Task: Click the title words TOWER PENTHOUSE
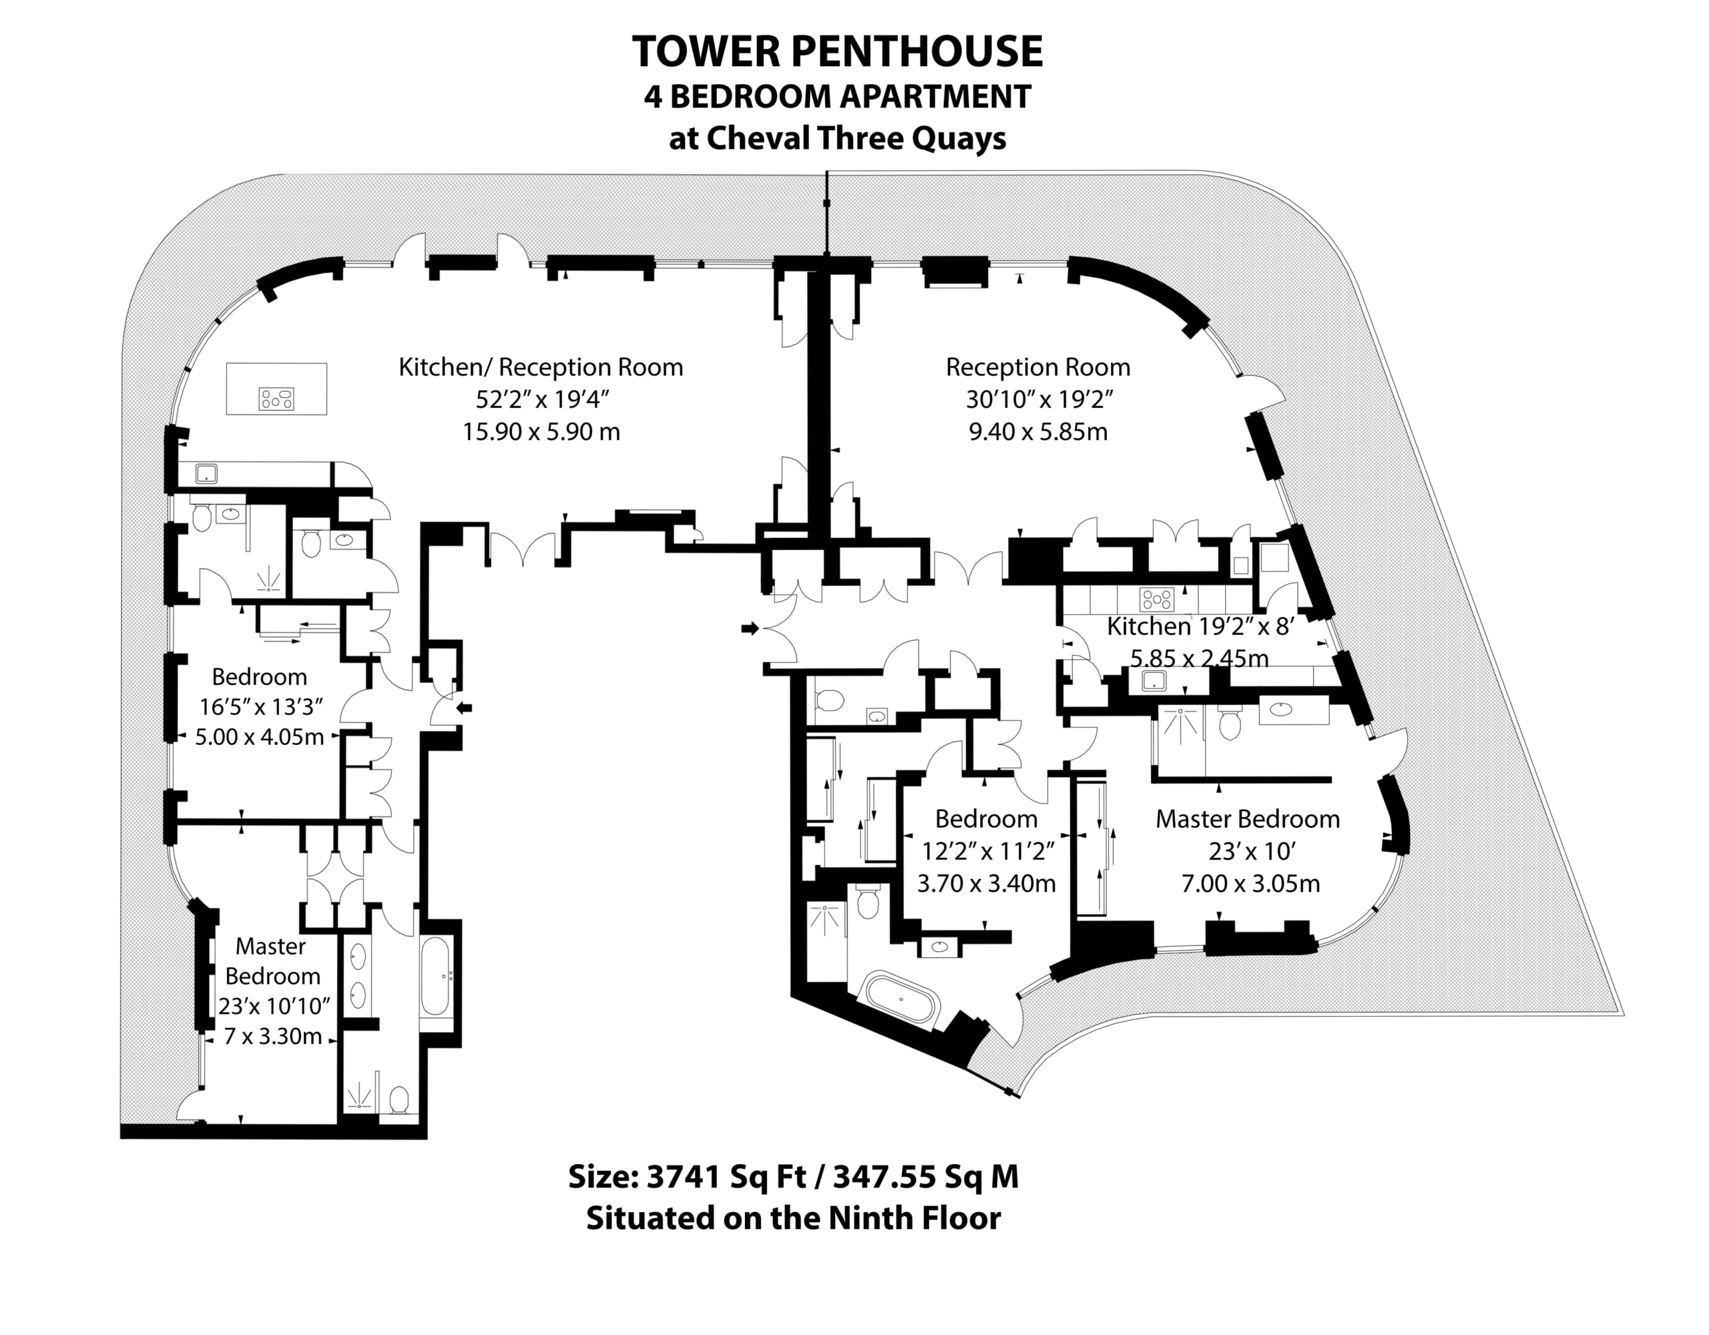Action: [836, 51]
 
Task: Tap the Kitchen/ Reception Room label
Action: [541, 367]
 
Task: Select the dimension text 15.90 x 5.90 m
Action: [541, 431]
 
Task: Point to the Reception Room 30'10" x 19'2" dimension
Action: [1038, 399]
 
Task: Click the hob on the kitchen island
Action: [276, 399]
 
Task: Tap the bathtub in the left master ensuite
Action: [435, 976]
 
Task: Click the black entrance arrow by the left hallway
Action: [464, 708]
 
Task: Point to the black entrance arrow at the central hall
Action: [750, 627]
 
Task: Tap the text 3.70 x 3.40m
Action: [986, 884]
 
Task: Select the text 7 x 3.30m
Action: [272, 1036]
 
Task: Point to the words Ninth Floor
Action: [914, 1218]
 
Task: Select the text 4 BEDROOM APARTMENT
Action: [836, 96]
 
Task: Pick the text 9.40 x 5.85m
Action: [1038, 431]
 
